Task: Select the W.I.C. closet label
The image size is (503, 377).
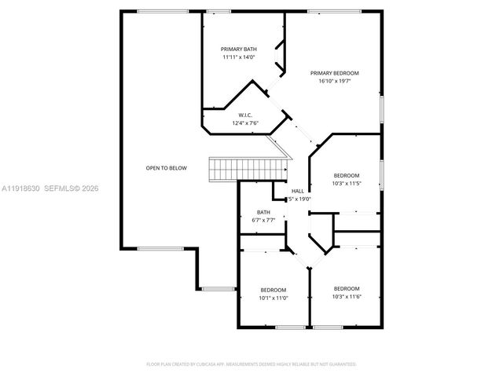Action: tap(244, 115)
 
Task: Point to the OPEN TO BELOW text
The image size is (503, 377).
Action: tap(166, 167)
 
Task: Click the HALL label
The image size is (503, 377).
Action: tap(298, 191)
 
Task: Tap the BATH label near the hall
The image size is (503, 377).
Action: tap(263, 212)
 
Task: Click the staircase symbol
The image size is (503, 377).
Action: tap(248, 168)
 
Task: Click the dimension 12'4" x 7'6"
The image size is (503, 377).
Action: tap(244, 123)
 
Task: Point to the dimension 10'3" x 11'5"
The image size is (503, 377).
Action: tap(346, 183)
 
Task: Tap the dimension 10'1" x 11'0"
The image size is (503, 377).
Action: tap(274, 298)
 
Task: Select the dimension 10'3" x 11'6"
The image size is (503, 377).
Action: tap(346, 296)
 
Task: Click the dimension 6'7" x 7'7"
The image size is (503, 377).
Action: tap(263, 221)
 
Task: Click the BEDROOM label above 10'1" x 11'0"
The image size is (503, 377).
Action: tap(274, 289)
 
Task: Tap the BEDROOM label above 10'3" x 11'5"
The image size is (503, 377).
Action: tap(346, 175)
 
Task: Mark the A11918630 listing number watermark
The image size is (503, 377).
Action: tap(19, 188)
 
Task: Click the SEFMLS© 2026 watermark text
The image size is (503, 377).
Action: tap(71, 188)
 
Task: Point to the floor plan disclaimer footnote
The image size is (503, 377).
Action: tap(251, 364)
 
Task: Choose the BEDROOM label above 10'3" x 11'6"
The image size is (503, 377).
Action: tap(346, 287)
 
